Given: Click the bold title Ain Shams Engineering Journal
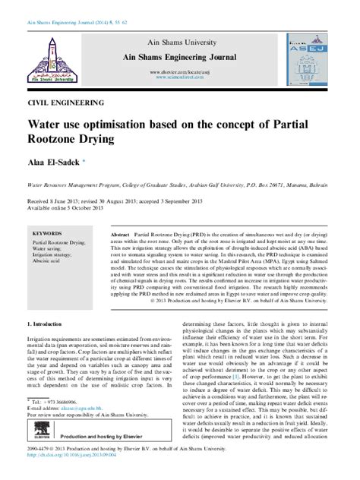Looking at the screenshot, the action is pyautogui.click(x=180, y=58).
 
